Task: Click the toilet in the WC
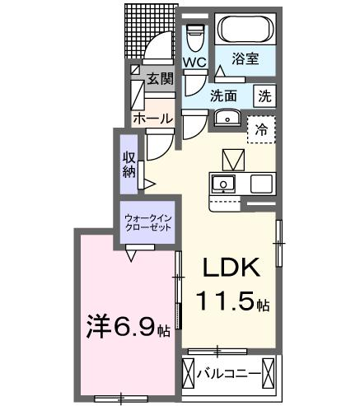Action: pos(195,38)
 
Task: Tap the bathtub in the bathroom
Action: pos(245,28)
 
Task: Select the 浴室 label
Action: pos(245,58)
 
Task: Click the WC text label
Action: pos(194,63)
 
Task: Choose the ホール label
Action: pos(153,119)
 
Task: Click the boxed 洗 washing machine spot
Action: pos(264,96)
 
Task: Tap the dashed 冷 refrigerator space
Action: pos(261,129)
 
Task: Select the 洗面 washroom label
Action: pos(223,96)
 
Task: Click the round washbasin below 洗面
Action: pos(227,118)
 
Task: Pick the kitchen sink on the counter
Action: pos(223,184)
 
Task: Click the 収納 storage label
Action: pos(129,165)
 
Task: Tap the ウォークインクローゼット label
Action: pos(147,223)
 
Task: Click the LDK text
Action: pos(231,267)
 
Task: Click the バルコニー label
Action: pos(229,374)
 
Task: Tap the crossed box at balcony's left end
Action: pos(189,373)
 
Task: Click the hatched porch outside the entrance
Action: pos(150,30)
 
